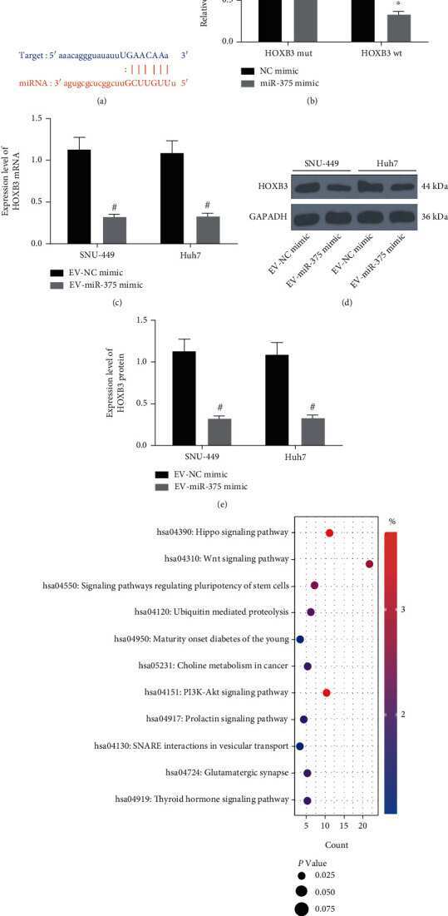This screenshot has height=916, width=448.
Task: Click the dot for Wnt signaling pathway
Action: pyautogui.click(x=369, y=564)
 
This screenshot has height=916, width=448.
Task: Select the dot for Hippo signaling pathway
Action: pyautogui.click(x=329, y=532)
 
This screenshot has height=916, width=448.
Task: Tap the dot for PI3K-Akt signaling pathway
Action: pyautogui.click(x=326, y=693)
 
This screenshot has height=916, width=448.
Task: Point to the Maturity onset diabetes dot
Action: pyautogui.click(x=300, y=640)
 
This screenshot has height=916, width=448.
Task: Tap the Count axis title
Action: pyautogui.click(x=337, y=844)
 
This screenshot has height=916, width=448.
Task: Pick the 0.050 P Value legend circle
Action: pyautogui.click(x=302, y=890)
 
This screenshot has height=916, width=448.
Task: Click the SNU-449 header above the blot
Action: pyautogui.click(x=320, y=161)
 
